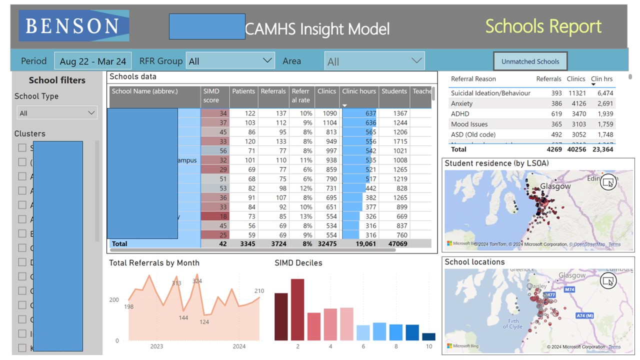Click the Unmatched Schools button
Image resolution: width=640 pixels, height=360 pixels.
[x=530, y=61]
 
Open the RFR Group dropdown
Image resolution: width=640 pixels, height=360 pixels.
[x=230, y=61]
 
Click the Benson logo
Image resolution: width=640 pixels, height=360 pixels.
[x=74, y=26]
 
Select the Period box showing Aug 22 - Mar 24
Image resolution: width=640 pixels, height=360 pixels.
[x=92, y=61]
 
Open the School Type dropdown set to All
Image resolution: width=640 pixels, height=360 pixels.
[x=56, y=113]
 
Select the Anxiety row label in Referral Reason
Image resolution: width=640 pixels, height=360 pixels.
[x=461, y=103]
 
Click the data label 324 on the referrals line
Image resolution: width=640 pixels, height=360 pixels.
[x=197, y=281]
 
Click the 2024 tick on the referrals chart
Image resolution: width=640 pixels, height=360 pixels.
[x=239, y=346]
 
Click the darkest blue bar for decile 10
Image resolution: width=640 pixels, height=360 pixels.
[x=428, y=336]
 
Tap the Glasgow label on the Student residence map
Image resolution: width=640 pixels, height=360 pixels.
[x=555, y=186]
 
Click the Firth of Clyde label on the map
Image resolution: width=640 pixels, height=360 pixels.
[x=515, y=324]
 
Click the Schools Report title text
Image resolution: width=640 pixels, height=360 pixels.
[x=543, y=26]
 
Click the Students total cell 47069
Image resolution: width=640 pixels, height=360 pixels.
[x=394, y=244]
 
